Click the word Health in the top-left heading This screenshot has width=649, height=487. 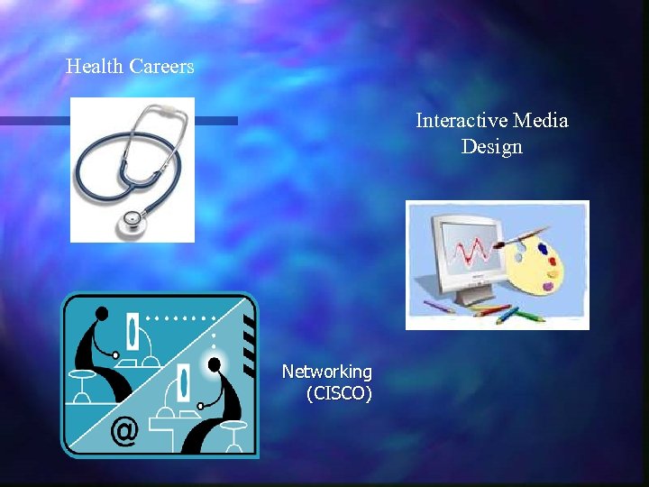click(x=95, y=67)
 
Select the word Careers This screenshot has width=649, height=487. click(x=161, y=67)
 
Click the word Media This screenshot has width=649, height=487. click(x=542, y=121)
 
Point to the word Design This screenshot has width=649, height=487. click(x=492, y=146)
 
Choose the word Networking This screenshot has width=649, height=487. click(x=326, y=372)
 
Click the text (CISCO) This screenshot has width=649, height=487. click(x=339, y=393)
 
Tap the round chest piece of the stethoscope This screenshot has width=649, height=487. click(x=133, y=219)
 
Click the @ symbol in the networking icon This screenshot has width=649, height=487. click(x=123, y=432)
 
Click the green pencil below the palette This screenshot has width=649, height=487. click(x=510, y=315)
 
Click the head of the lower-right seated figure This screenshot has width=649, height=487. click(x=215, y=363)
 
